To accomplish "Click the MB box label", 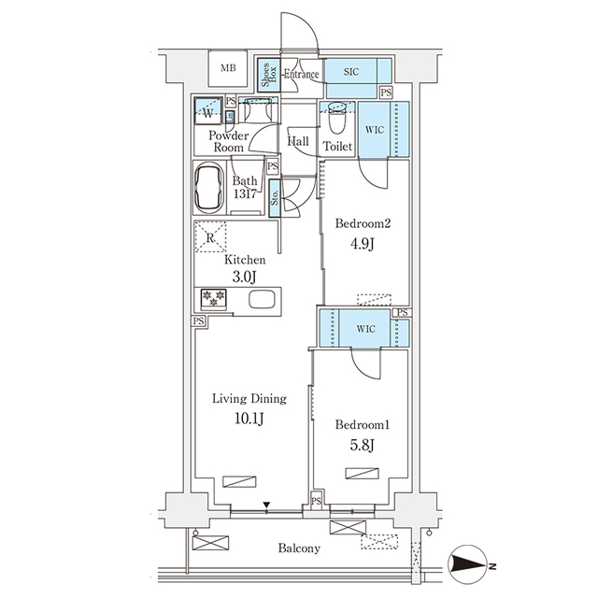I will (x=228, y=68).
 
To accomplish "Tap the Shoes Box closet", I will (x=266, y=75).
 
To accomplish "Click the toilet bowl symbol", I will (x=337, y=119).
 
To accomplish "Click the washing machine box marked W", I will (x=206, y=114).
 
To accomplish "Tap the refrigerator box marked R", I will (x=208, y=238).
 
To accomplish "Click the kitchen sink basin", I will (x=261, y=301).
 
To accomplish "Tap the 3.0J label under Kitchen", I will (x=244, y=278).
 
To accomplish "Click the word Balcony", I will (x=299, y=548).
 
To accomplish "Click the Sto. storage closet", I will (x=275, y=198).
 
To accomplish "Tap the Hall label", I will (x=299, y=142).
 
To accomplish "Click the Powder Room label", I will (x=228, y=142).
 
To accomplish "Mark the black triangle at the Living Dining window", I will (x=267, y=505).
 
